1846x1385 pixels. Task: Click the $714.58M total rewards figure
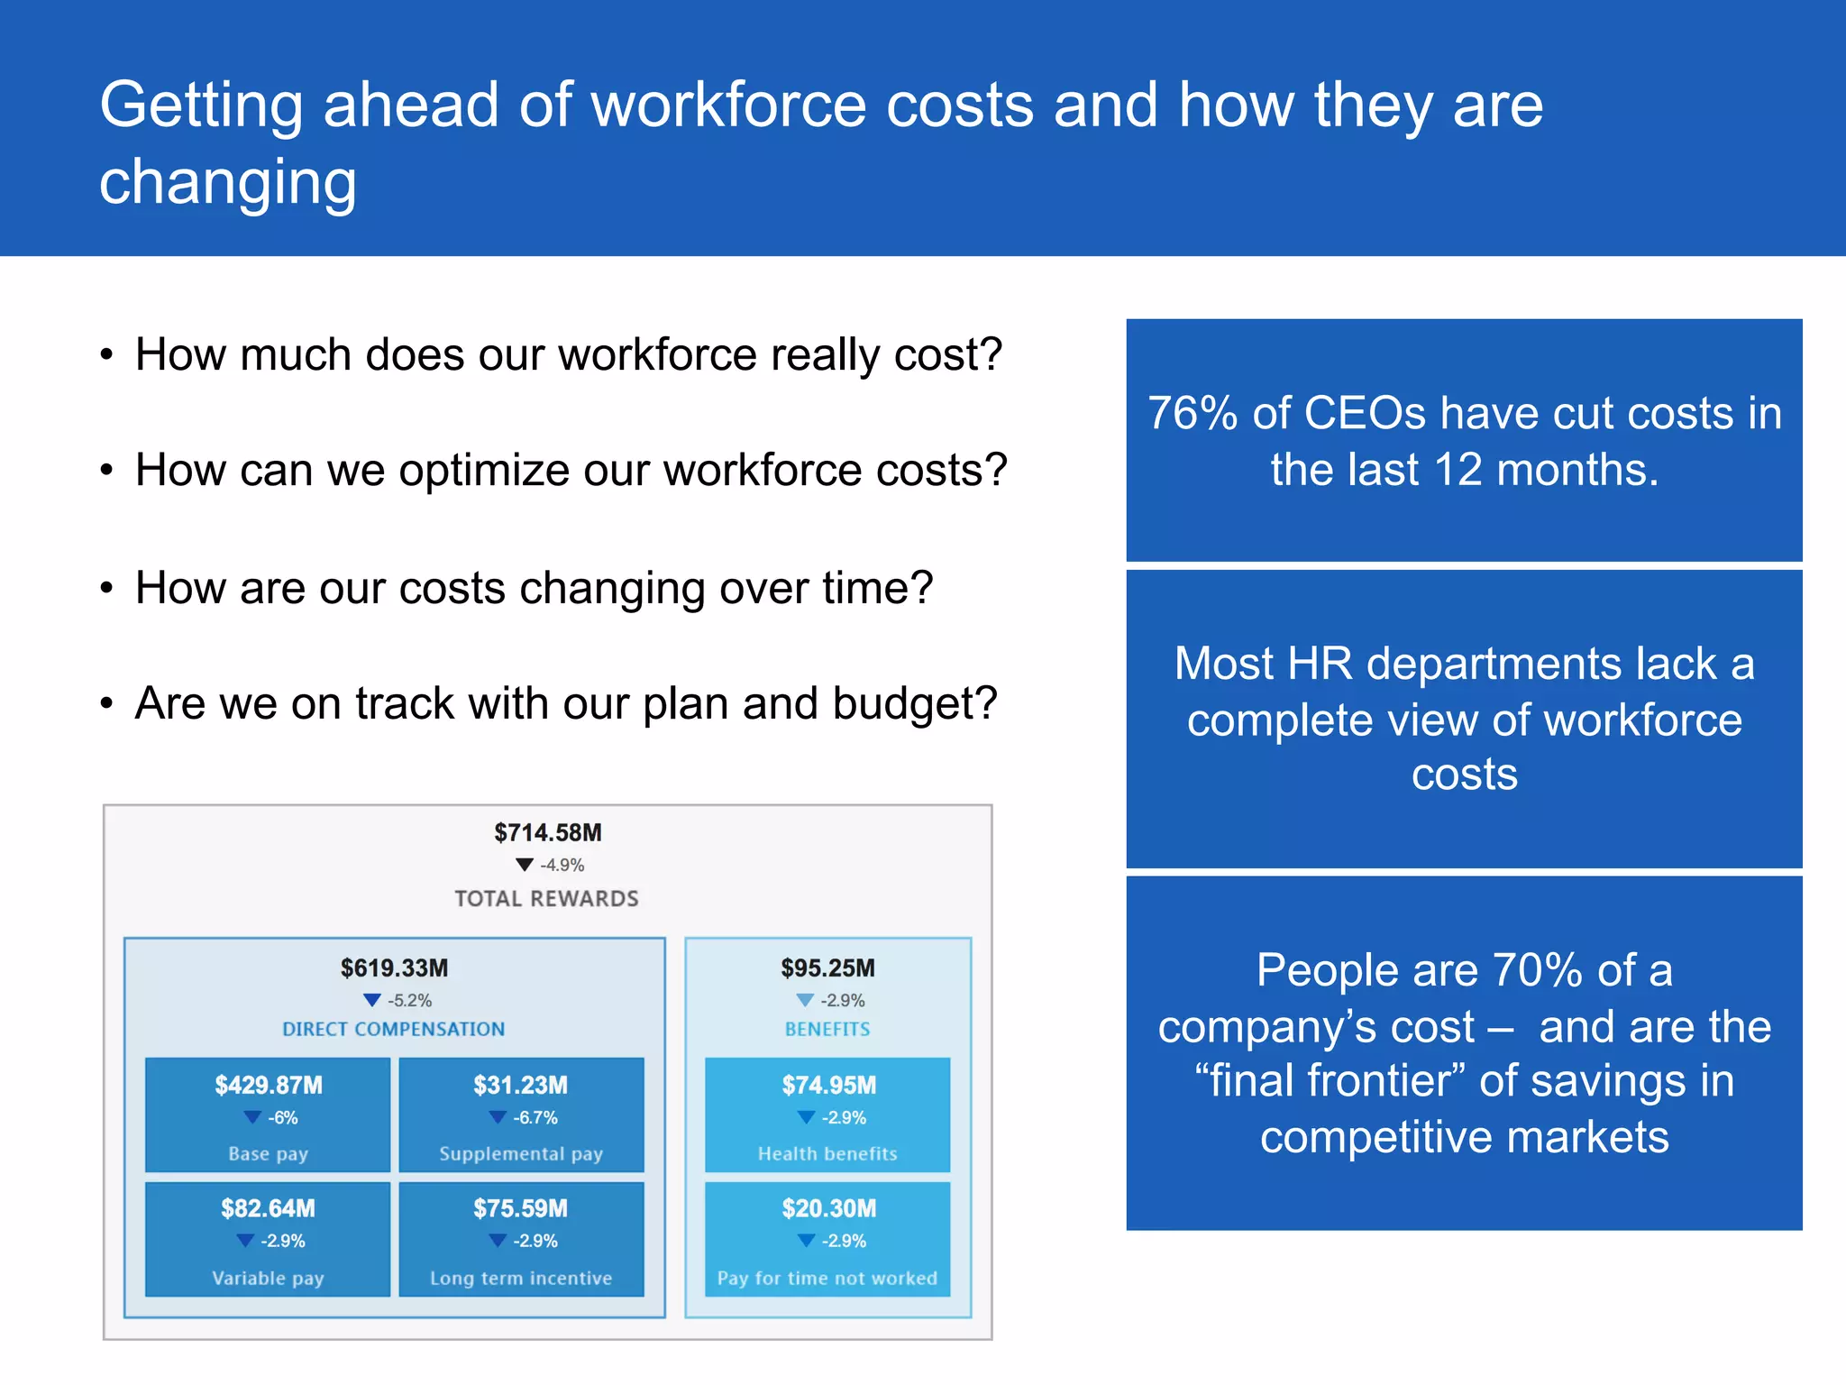[x=547, y=832]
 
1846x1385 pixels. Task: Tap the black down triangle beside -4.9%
[x=525, y=865]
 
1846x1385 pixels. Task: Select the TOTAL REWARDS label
[x=546, y=898]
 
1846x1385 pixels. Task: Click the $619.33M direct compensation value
[x=394, y=968]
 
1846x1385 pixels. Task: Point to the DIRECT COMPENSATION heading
[x=393, y=1029]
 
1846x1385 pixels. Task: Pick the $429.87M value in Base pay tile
[x=268, y=1085]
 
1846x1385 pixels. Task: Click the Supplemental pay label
[x=521, y=1153]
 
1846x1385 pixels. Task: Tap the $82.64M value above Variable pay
[x=268, y=1208]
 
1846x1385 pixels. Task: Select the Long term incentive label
[x=521, y=1278]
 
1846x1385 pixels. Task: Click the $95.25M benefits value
[x=827, y=968]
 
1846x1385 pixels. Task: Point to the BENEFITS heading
[x=827, y=1029]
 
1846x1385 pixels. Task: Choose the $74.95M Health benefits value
[x=828, y=1085]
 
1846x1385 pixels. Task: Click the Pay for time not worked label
[x=827, y=1278]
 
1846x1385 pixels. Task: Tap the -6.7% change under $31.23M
[x=535, y=1118]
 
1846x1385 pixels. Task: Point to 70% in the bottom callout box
[x=1537, y=970]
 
